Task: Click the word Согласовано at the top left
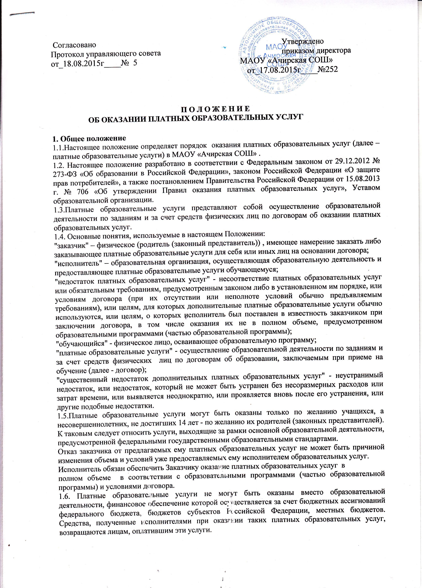(x=74, y=45)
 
